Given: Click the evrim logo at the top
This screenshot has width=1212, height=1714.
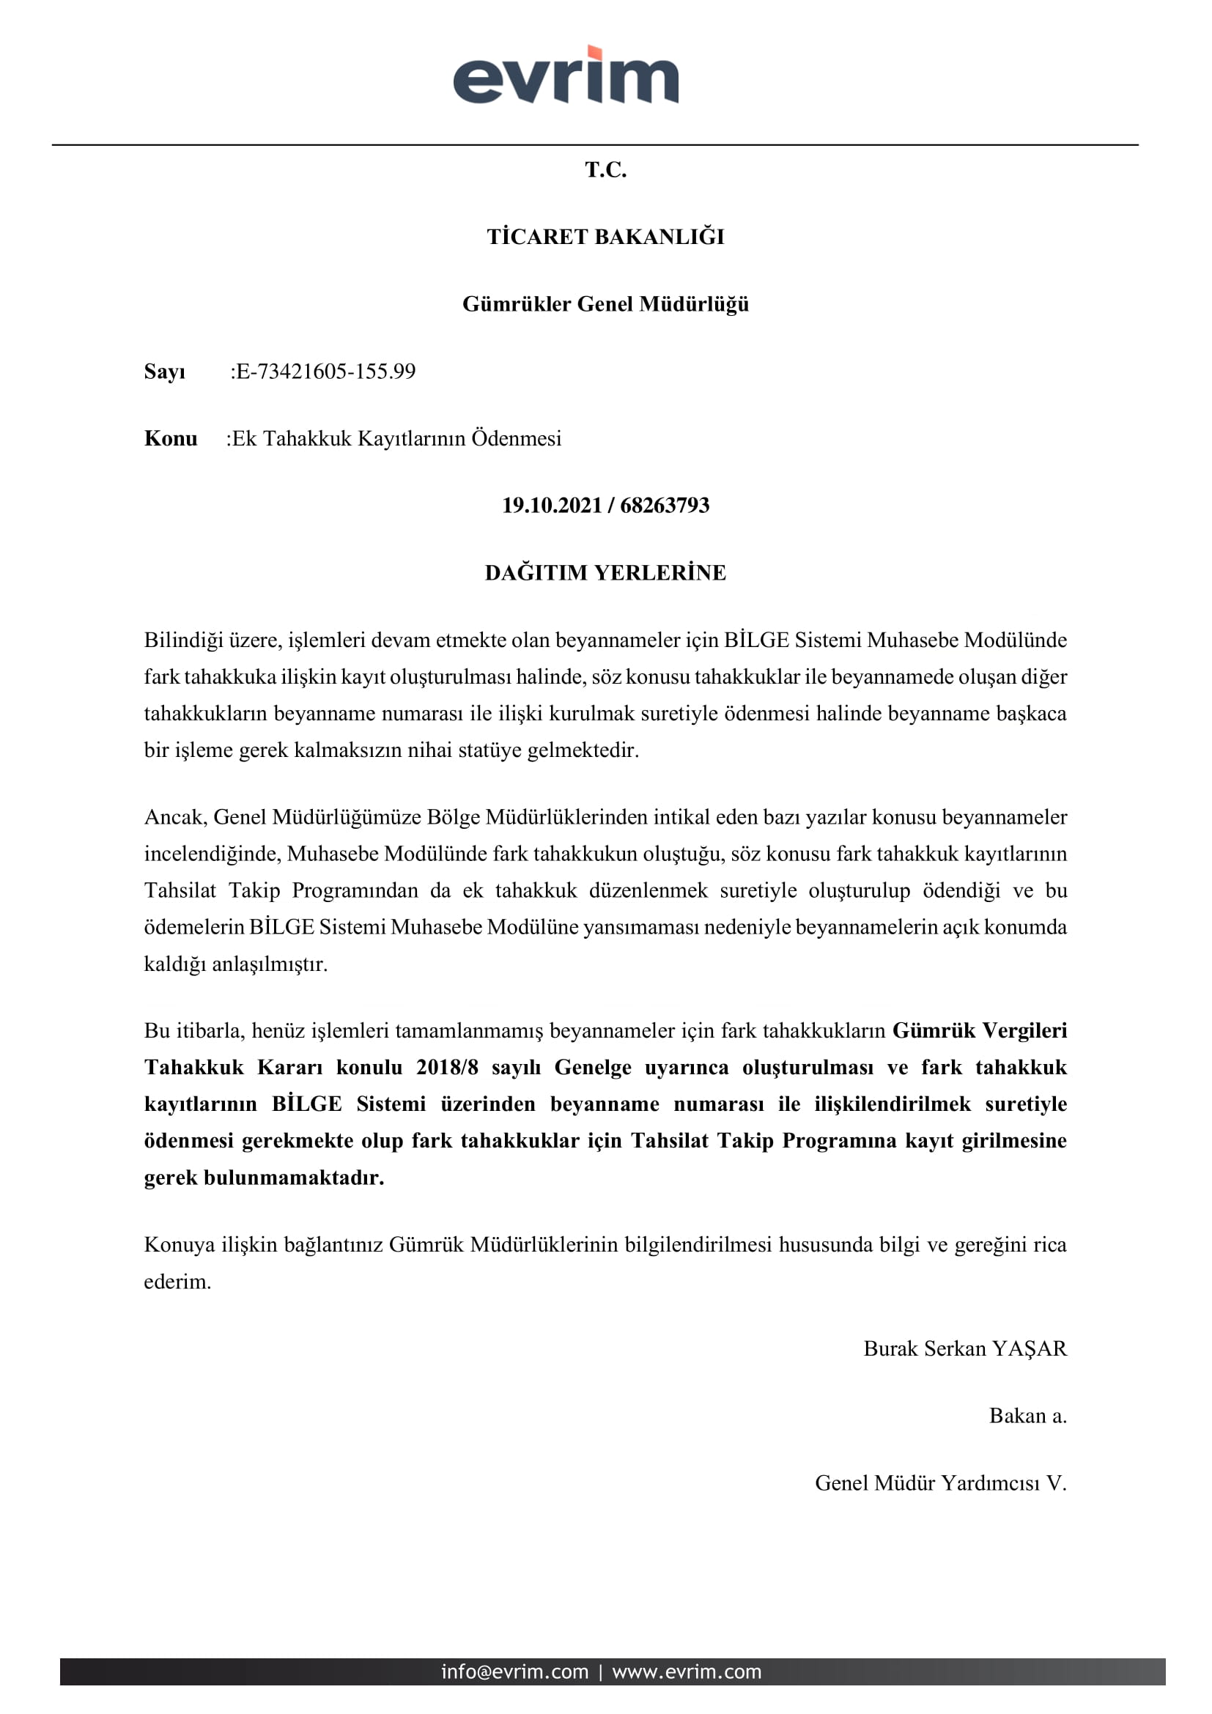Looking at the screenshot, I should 566,75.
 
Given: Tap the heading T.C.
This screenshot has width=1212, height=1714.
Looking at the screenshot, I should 605,170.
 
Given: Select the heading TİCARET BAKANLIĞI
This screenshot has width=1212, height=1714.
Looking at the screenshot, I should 605,237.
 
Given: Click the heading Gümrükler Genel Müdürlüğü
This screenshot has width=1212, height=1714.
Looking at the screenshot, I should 605,304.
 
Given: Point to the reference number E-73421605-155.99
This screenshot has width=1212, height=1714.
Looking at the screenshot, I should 325,371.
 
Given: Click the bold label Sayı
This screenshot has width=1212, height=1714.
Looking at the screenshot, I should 164,371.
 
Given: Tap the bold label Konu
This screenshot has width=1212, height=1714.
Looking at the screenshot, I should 170,438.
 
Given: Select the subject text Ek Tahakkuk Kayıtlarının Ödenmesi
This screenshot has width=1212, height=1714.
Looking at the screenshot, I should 396,438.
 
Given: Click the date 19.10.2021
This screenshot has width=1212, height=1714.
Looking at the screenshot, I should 552,506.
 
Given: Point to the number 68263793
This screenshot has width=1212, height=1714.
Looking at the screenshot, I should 664,506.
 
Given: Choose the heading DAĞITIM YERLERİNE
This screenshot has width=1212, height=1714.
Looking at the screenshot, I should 605,572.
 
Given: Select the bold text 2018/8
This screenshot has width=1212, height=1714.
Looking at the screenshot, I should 446,1067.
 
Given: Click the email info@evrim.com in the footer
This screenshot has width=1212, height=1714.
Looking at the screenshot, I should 514,1671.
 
